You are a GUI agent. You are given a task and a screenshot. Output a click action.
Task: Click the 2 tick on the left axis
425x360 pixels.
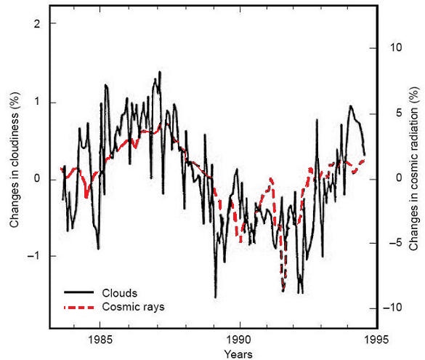tap(34, 23)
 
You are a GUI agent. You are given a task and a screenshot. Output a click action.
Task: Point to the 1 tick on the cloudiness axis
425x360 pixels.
tap(34, 102)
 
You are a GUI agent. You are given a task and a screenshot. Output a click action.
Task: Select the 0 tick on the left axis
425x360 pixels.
tap(34, 179)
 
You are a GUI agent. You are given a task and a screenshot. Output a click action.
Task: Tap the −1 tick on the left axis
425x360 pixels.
tap(32, 256)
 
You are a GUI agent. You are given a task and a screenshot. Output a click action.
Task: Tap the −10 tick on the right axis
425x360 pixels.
tap(392, 308)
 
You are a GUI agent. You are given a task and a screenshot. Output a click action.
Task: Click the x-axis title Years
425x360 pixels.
tap(238, 353)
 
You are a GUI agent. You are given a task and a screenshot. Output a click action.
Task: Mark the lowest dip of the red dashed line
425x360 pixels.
tap(283, 290)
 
